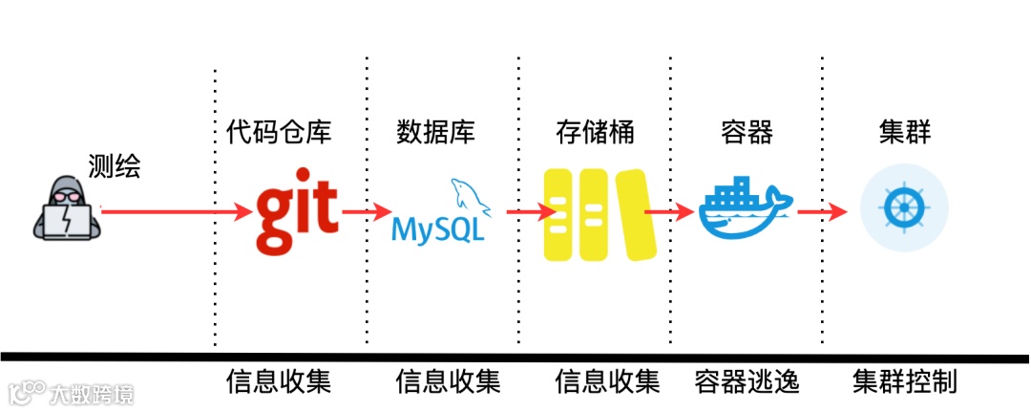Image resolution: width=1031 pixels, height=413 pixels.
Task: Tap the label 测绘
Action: pos(114,167)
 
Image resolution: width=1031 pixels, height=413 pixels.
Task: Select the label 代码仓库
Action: pos(279,132)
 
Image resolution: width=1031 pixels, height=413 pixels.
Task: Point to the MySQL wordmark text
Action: pos(437,230)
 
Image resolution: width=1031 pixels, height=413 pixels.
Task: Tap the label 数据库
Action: pos(435,132)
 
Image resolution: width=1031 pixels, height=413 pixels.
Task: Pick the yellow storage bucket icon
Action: pos(600,214)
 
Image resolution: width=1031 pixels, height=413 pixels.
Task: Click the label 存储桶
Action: pos(595,132)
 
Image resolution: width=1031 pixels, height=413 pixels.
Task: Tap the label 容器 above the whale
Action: pos(747,132)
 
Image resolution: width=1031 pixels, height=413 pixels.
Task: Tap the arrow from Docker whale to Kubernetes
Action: pos(822,211)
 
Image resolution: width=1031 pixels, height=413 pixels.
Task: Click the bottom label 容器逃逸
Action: pos(747,383)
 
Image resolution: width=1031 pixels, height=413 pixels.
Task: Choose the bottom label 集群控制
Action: pos(903,383)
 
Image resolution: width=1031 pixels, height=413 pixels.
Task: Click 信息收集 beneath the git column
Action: pos(279,383)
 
